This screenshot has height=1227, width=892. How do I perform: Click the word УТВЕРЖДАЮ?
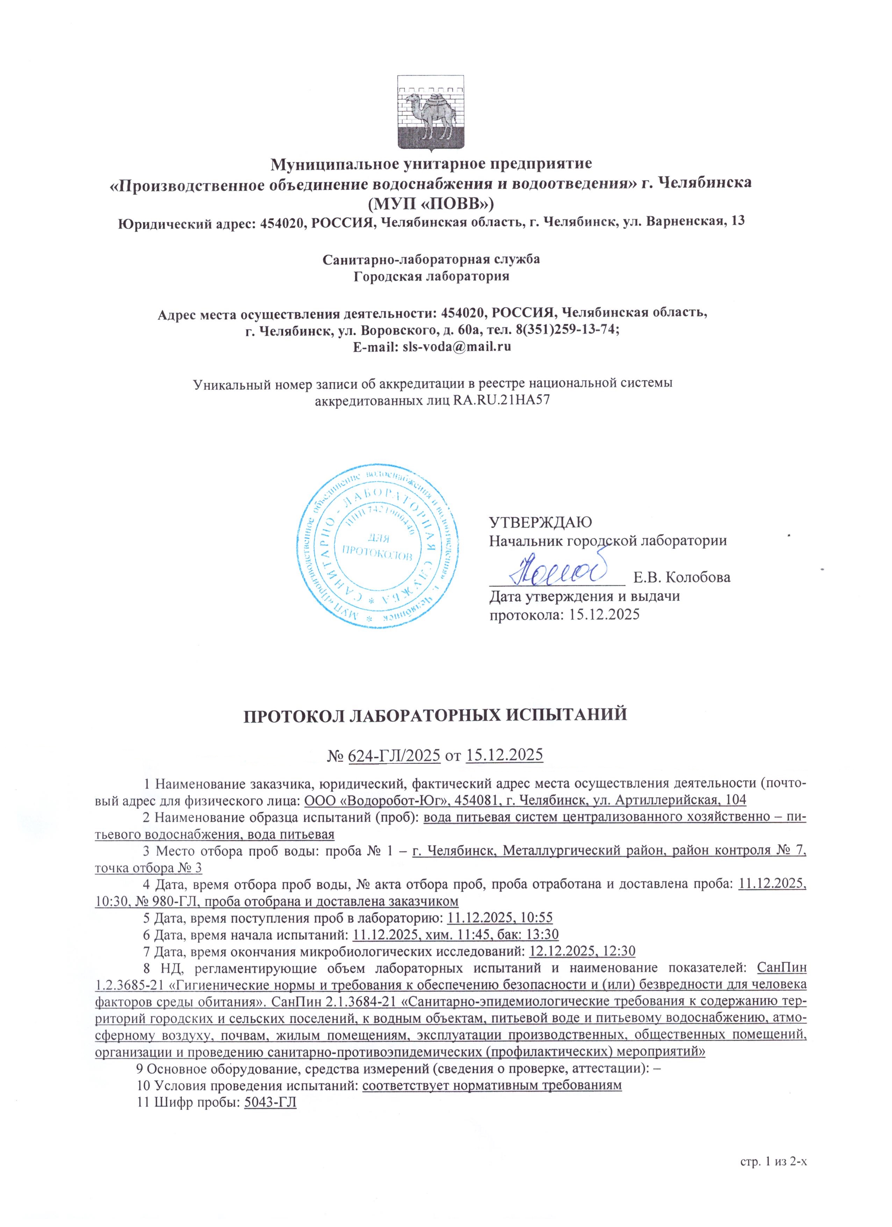[540, 522]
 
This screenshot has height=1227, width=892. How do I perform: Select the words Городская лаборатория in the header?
[431, 277]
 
